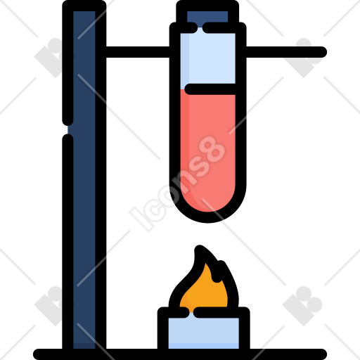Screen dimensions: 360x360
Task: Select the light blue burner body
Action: click(203, 333)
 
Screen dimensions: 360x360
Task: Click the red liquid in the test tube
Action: click(207, 150)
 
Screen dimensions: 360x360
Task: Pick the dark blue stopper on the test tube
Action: click(207, 17)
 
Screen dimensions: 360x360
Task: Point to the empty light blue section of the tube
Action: click(207, 58)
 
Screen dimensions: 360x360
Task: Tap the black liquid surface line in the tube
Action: click(210, 89)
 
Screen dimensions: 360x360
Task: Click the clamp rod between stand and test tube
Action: click(138, 52)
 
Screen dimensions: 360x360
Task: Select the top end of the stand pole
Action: click(84, 6)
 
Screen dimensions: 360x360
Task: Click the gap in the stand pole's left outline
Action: click(68, 129)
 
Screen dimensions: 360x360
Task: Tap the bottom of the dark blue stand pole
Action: click(84, 346)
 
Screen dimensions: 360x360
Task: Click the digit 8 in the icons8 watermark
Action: click(211, 150)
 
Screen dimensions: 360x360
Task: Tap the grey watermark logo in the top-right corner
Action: click(304, 58)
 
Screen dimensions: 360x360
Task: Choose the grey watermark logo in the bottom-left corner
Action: click(49, 306)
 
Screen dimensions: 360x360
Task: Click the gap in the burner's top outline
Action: click(191, 313)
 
